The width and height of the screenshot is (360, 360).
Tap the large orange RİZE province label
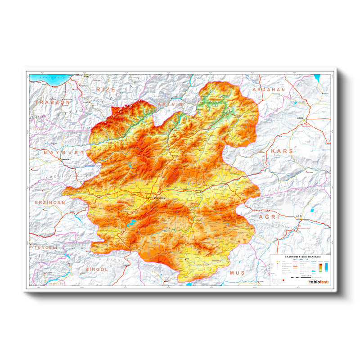[x=106, y=90]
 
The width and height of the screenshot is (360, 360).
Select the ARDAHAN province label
[x=270, y=90]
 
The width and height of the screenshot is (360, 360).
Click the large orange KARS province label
[x=282, y=151]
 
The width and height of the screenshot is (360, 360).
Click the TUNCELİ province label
[x=45, y=247]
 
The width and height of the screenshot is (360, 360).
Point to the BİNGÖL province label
[x=97, y=269]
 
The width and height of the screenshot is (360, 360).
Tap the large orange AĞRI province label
[x=269, y=216]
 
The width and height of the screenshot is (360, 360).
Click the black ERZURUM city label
[x=160, y=198]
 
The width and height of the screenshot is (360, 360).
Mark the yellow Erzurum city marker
[x=150, y=198]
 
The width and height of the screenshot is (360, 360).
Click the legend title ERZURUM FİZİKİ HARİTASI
[x=299, y=257]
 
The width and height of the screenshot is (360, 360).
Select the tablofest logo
[x=319, y=282]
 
